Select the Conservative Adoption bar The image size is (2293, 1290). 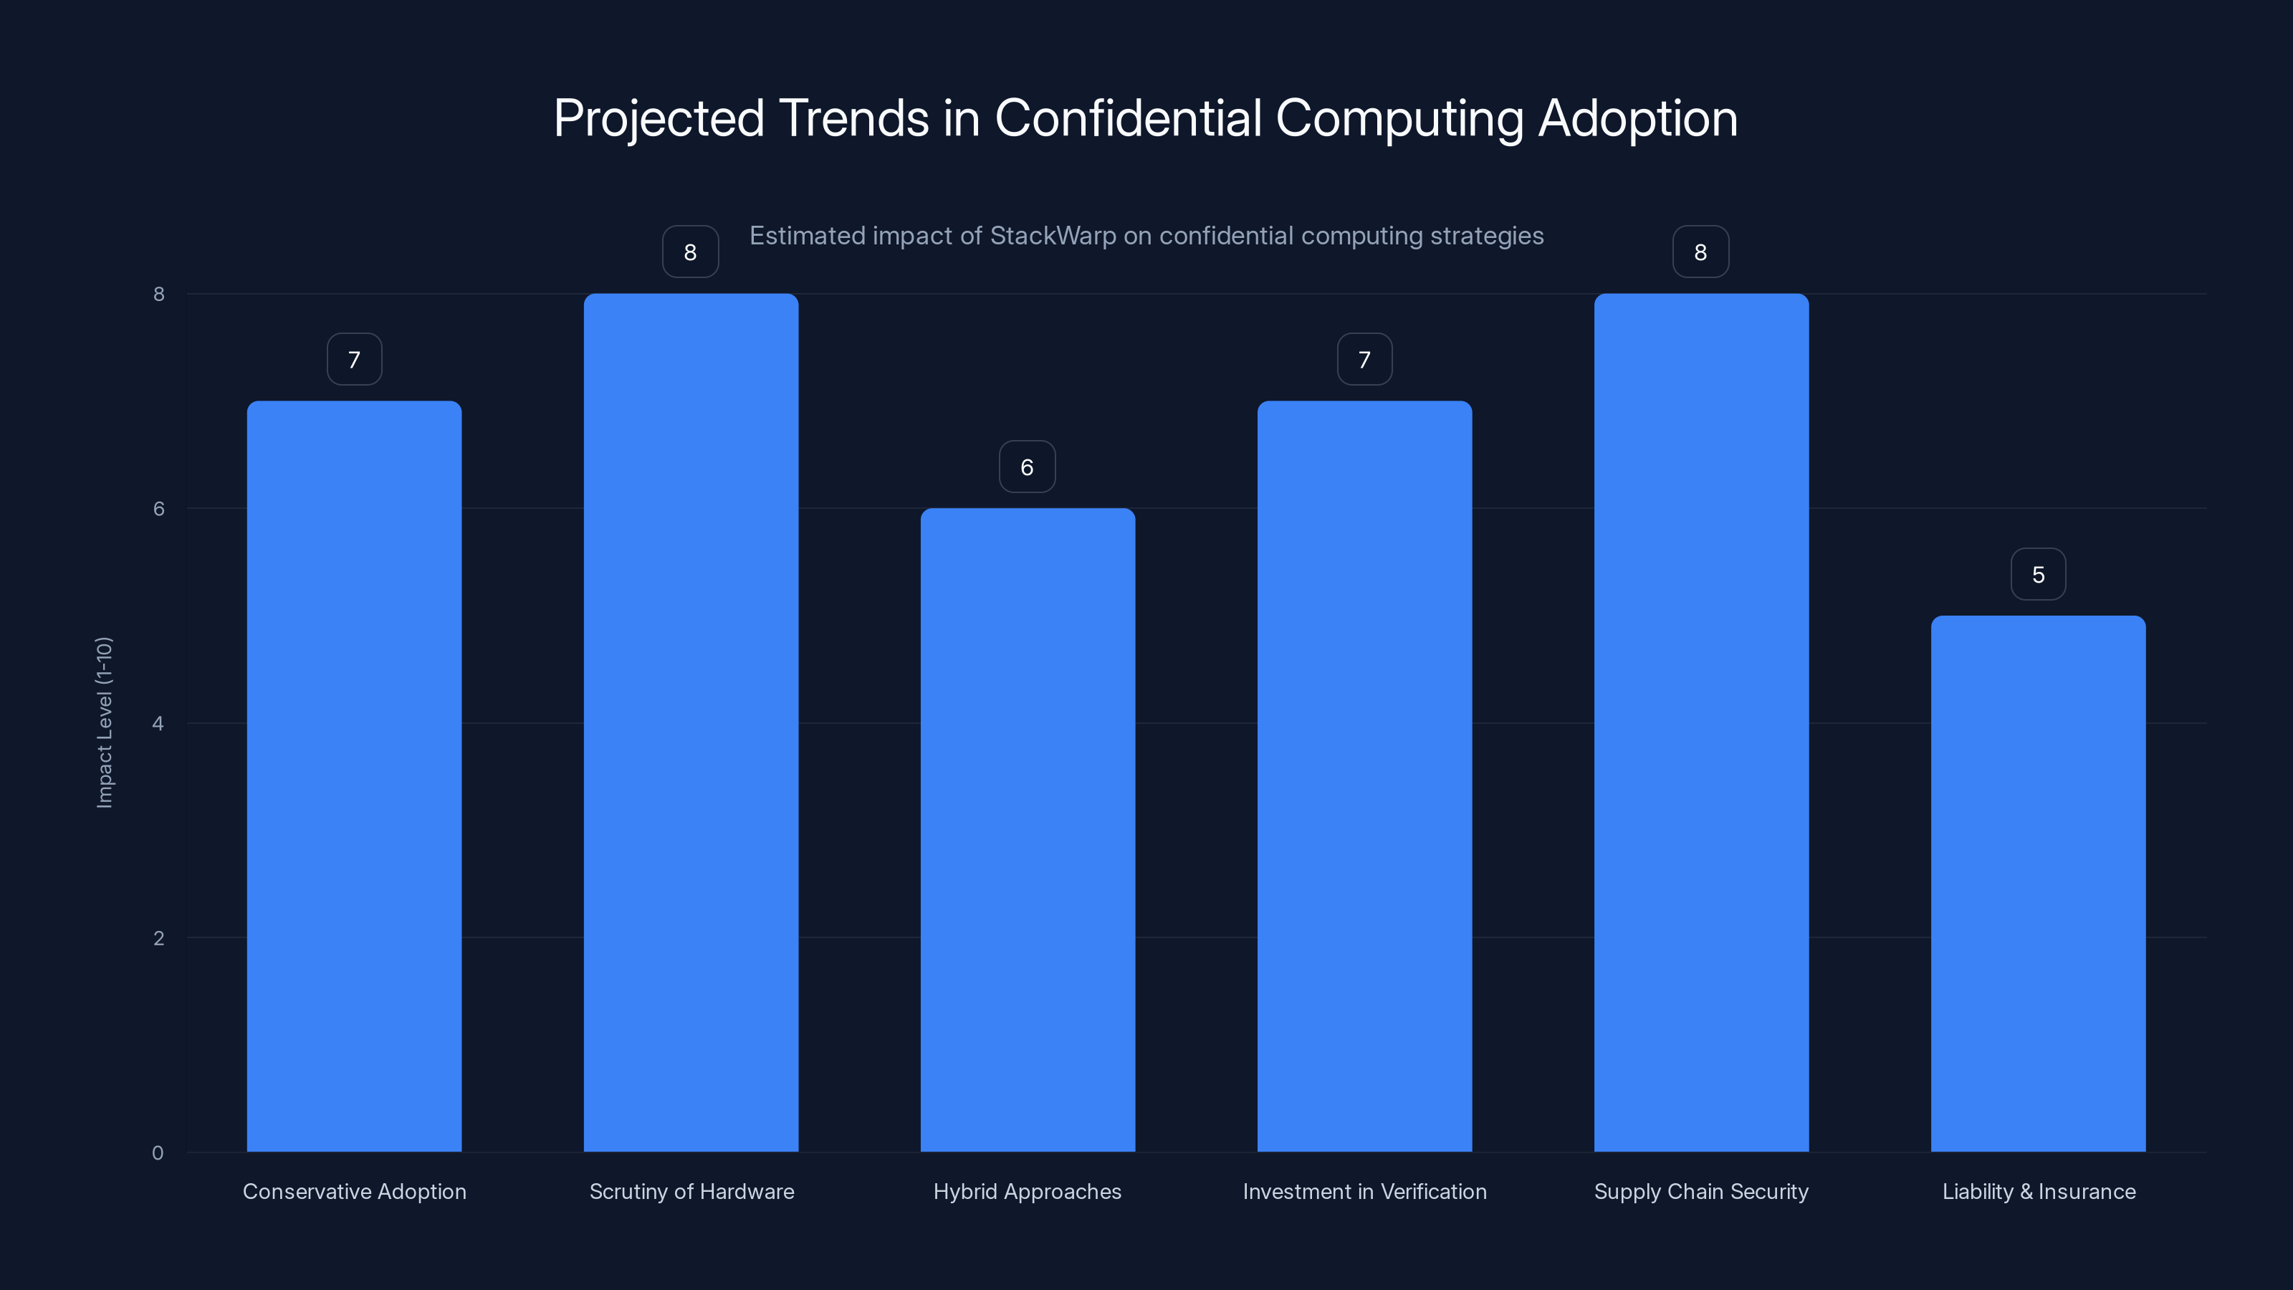pyautogui.click(x=354, y=775)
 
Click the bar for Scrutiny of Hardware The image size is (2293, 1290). pyautogui.click(x=691, y=721)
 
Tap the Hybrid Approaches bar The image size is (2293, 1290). pyautogui.click(x=1028, y=828)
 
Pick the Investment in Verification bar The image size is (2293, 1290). pyautogui.click(x=1364, y=775)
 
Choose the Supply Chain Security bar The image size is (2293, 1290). pyautogui.click(x=1701, y=721)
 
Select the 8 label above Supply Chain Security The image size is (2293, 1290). pyautogui.click(x=1700, y=253)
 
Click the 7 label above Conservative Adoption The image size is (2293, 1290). pyautogui.click(x=354, y=360)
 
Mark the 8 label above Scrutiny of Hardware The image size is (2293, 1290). pyautogui.click(x=690, y=253)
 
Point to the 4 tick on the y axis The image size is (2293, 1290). pyautogui.click(x=158, y=724)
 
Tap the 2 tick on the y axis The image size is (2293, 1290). pyautogui.click(x=158, y=938)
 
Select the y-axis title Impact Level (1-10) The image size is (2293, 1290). pyautogui.click(x=104, y=722)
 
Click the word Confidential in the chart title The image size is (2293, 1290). pyautogui.click(x=1128, y=118)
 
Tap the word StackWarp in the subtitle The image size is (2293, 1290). pyautogui.click(x=1053, y=236)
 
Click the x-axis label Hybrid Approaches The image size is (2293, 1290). pyautogui.click(x=1028, y=1192)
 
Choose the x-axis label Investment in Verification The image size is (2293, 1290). pyautogui.click(x=1364, y=1192)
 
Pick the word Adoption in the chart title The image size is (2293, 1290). pyautogui.click(x=1638, y=118)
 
